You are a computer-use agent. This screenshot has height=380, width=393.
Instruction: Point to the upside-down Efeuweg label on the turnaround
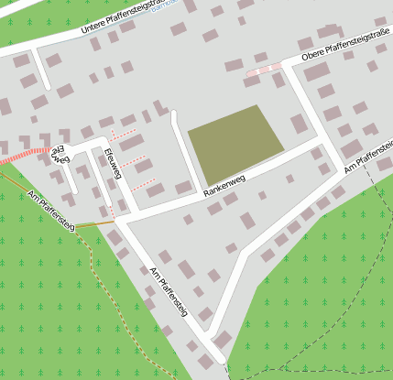tap(56, 152)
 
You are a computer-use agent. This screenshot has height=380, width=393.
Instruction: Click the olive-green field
tap(235, 143)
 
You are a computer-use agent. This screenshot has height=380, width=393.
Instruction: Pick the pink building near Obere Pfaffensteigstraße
tap(264, 69)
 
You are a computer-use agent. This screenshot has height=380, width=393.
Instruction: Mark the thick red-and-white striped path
tap(23, 155)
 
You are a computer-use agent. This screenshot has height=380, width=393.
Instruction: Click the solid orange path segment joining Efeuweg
tap(96, 223)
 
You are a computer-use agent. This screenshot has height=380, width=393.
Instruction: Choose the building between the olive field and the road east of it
tap(299, 124)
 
